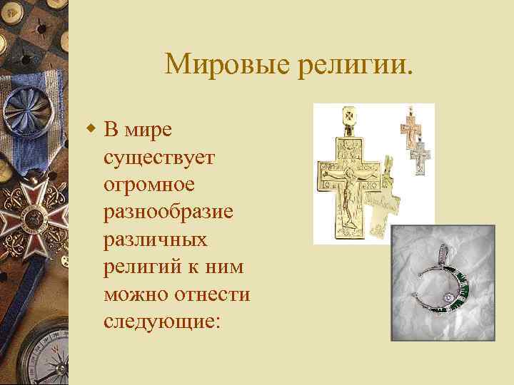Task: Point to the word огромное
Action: pos(149,184)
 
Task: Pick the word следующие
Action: pos(161,321)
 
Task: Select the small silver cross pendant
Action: pos(423,157)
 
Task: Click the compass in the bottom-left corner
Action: pos(39,356)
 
